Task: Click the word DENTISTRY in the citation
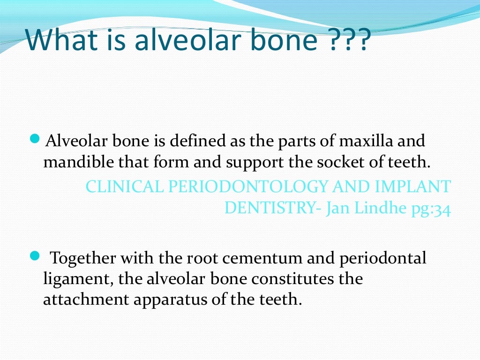pyautogui.click(x=270, y=208)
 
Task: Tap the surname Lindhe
pyautogui.click(x=374, y=208)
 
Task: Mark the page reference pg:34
pyautogui.click(x=430, y=209)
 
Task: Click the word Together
pyautogui.click(x=84, y=258)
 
